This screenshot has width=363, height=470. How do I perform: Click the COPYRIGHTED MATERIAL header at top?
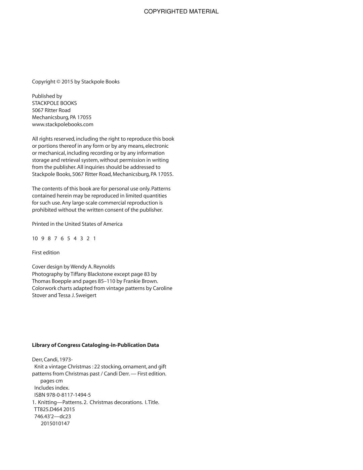[x=181, y=11]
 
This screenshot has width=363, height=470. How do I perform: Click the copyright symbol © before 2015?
[x=58, y=82]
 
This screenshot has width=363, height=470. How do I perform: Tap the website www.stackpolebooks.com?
[x=63, y=124]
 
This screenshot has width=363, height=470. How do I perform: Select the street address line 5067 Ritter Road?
[x=51, y=110]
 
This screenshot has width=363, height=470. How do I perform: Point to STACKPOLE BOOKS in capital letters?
[x=54, y=103]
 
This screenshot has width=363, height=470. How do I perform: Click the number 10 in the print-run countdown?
[x=35, y=239]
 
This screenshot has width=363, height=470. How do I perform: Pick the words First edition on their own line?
[x=46, y=253]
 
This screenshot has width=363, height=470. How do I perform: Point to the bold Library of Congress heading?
[x=95, y=345]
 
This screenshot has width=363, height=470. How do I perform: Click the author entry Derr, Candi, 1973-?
[x=52, y=360]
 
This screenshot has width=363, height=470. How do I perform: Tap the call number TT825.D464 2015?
[x=54, y=409]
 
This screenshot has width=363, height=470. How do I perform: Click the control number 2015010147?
[x=55, y=424]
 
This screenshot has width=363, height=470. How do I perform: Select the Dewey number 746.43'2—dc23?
[x=52, y=417]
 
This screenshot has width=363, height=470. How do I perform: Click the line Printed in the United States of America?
[x=77, y=224]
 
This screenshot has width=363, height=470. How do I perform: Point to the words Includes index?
[x=52, y=388]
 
